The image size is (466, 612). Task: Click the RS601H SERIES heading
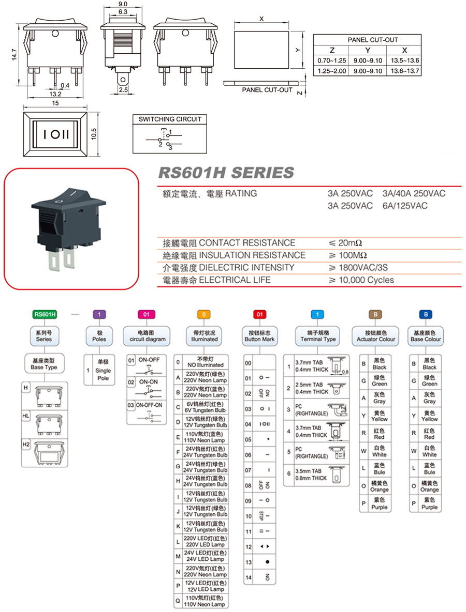coord(225,173)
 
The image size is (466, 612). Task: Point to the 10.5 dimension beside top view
coord(94,134)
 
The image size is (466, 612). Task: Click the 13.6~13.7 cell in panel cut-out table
coord(404,70)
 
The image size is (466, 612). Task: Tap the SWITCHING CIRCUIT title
coord(170,119)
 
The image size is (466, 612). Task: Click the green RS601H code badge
coord(45,314)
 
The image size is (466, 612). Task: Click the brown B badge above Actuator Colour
coord(376,314)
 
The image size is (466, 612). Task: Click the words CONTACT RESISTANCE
coord(247,243)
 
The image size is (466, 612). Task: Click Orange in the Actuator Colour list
coord(379,486)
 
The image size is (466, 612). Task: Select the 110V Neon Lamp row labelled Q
coord(205,601)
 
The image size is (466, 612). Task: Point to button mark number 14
coord(249,577)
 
